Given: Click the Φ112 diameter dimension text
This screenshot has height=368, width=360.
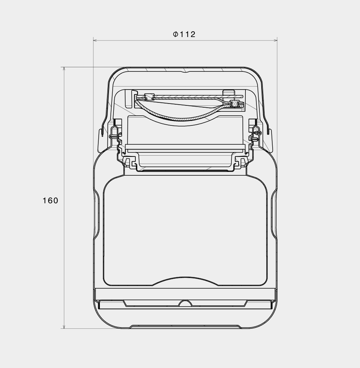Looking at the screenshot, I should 185,34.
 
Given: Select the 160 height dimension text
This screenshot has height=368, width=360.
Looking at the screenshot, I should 50,201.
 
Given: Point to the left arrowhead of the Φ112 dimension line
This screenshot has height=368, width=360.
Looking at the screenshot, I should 95,40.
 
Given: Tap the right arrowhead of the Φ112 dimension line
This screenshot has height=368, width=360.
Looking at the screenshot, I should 275,40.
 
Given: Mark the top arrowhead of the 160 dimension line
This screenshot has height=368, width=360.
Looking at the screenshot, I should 64,69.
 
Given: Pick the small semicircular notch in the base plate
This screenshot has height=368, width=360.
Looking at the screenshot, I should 185,303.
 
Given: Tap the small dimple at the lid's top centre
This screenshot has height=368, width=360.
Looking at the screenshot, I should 185,70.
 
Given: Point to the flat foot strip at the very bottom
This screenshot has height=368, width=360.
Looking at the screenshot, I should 185,326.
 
